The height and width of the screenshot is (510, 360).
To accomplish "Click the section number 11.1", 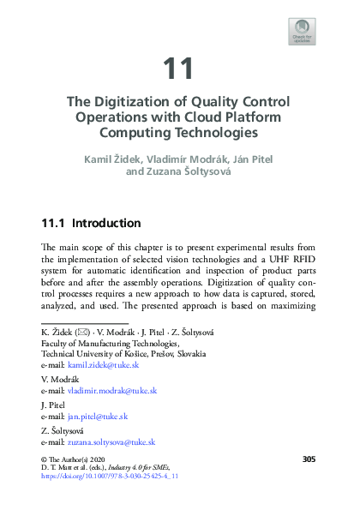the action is coord(53,224).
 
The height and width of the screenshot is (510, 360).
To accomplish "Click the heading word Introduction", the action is coord(106,224).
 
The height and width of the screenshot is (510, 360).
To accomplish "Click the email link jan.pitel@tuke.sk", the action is coord(98,416).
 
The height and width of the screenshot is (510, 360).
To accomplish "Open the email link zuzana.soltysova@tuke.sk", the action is coord(111,442).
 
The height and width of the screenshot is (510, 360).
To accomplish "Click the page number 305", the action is coord(309,460).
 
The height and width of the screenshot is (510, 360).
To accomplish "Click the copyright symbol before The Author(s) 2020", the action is coord(44,460).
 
